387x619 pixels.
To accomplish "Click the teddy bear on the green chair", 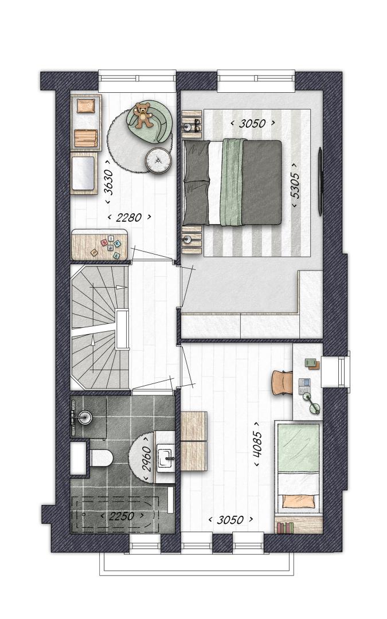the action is pos(143,115).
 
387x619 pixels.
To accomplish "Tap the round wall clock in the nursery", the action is pos(158,160).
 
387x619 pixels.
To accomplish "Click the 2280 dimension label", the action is pos(129,217).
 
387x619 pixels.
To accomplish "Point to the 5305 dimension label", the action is pos(295,186).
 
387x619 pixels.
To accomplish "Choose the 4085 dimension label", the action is pos(257,444).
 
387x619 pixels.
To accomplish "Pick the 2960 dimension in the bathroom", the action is pos(147,459).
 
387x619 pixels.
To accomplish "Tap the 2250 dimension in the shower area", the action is pos(122,516).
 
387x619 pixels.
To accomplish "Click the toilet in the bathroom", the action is pos(101,458).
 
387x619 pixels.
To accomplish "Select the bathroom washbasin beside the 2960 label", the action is pos(166,458).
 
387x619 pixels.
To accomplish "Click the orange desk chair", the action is pos(282,382).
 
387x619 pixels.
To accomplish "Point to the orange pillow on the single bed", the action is pos(299,502).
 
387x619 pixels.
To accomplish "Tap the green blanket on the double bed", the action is pos(232,182).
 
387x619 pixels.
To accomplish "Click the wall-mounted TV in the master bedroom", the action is pos(320,182).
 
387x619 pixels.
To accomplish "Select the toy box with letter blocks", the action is pos(100,245).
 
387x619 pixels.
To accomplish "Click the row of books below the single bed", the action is pos(286,528).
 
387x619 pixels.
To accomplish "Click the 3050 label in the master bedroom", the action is pos(253,123).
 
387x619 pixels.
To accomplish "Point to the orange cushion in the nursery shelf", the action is pos(85,105).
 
